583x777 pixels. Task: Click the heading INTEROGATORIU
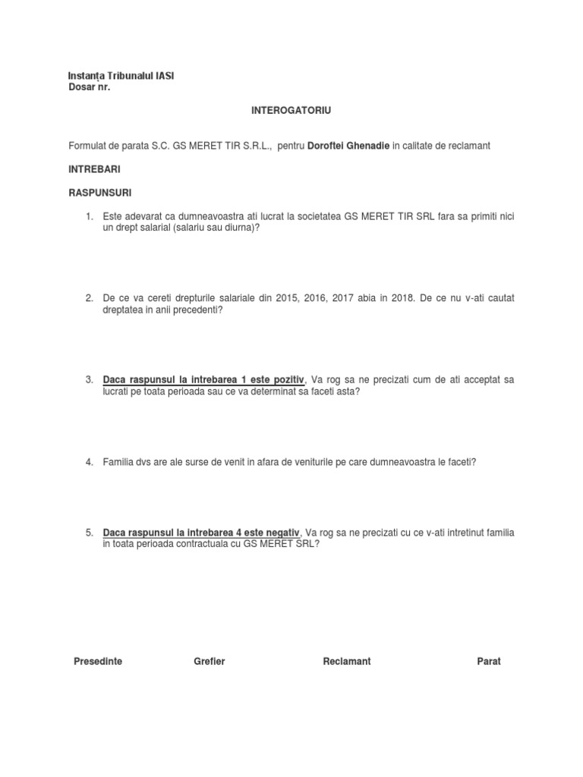click(291, 111)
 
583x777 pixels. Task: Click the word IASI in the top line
click(163, 76)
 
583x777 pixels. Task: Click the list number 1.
click(89, 217)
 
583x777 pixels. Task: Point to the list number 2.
click(89, 298)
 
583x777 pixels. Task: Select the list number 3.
click(89, 379)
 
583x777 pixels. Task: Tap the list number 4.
click(89, 461)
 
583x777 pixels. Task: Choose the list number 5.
click(89, 533)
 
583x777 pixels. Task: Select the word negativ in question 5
click(284, 533)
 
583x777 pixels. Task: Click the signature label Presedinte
click(98, 662)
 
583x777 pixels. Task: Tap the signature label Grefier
click(210, 662)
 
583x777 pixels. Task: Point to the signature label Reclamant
click(346, 662)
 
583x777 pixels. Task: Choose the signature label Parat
click(489, 662)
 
